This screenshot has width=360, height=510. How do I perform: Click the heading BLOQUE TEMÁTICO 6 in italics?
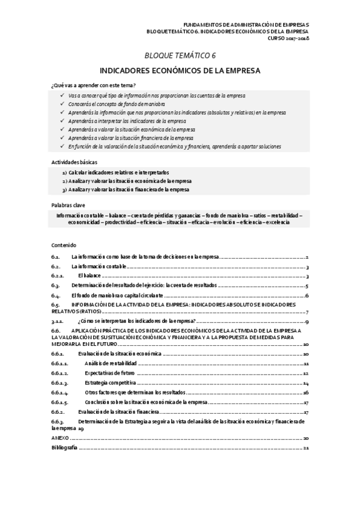click(180, 55)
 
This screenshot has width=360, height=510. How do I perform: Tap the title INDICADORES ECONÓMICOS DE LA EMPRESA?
click(180, 70)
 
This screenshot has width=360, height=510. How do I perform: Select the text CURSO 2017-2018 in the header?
click(288, 38)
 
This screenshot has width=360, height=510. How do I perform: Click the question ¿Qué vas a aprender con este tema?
click(93, 85)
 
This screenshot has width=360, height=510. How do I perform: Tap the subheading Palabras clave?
click(69, 205)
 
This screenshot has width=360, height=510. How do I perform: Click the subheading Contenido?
click(64, 245)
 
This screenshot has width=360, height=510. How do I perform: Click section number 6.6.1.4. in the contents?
click(60, 392)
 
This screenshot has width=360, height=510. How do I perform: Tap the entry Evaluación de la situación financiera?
click(118, 412)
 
